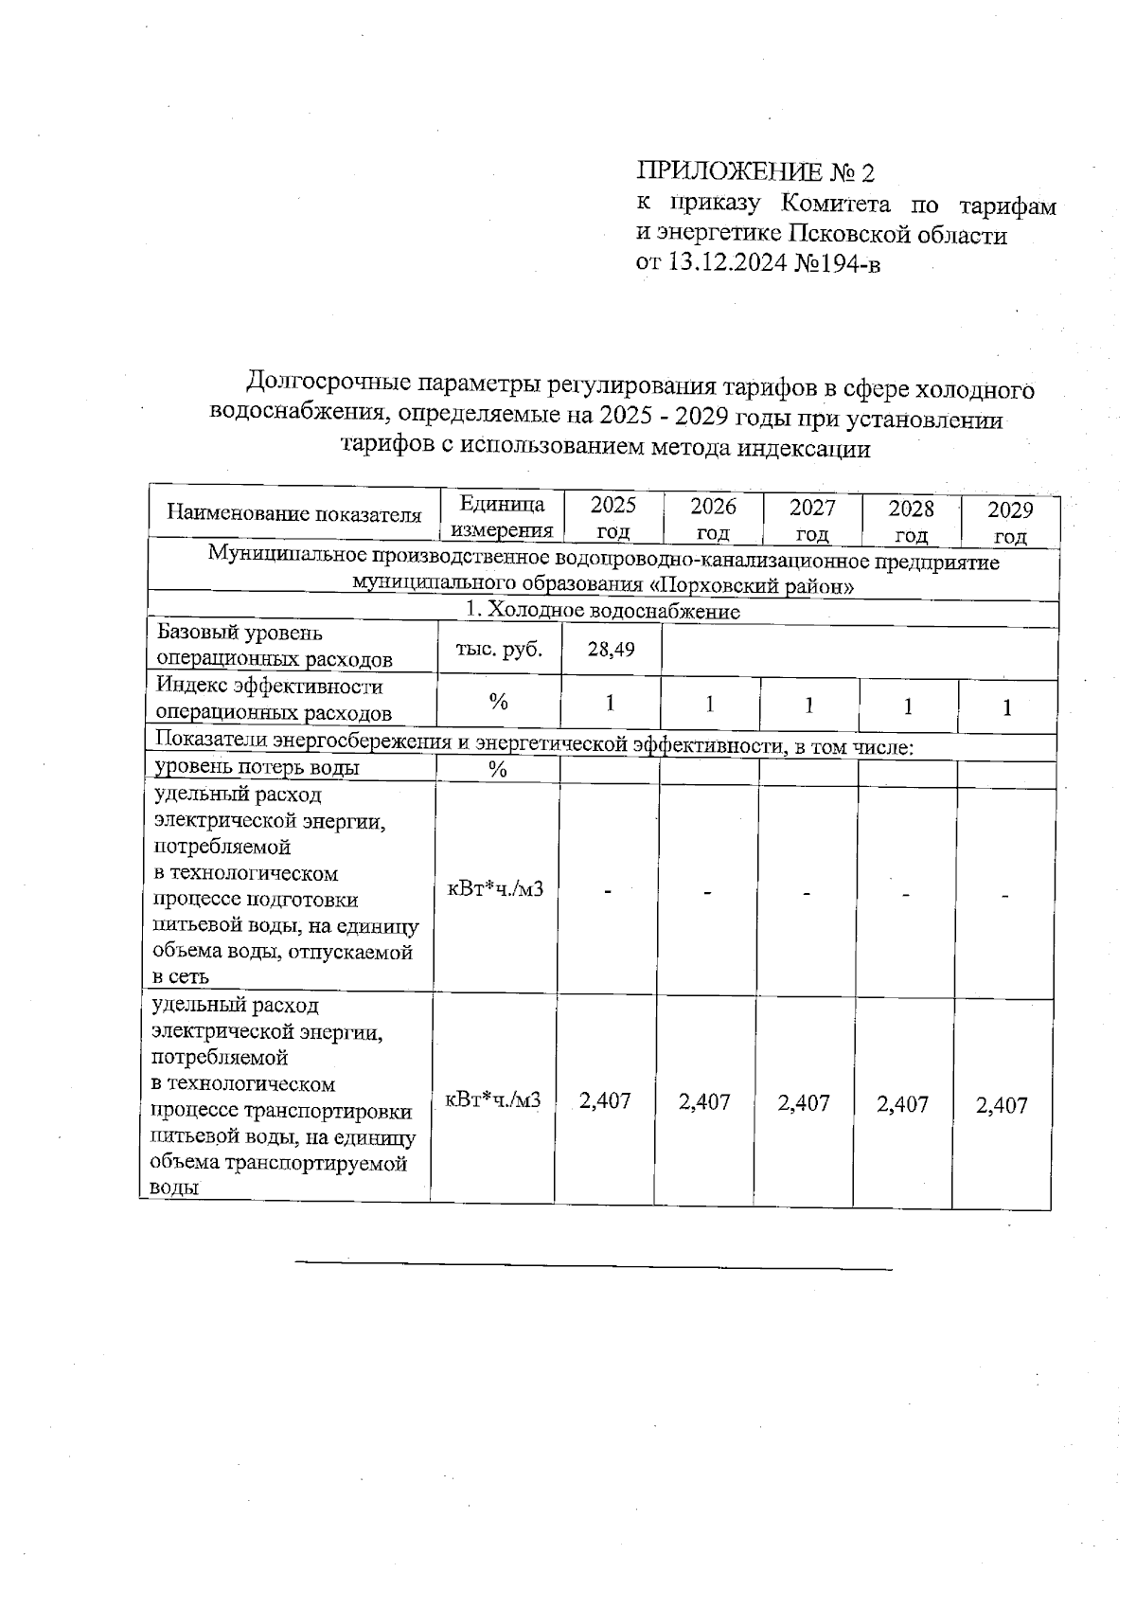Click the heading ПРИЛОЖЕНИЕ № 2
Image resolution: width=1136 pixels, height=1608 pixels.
coord(755,172)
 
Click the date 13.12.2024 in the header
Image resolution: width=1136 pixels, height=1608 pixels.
coord(727,263)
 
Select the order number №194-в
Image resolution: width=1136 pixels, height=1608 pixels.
coord(837,263)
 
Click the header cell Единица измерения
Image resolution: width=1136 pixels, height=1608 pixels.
coord(501,517)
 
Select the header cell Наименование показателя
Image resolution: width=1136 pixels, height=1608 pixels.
coord(293,514)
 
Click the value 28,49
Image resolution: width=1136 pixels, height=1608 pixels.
coord(611,650)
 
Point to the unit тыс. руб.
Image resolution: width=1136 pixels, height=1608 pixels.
coord(499,650)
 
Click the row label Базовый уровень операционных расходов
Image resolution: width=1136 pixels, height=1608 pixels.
coord(274,646)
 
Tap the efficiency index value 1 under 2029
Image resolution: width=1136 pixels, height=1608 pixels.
coord(1007,707)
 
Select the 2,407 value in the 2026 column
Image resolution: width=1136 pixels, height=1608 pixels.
coord(704,1102)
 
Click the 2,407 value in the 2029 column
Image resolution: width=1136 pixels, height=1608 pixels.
coord(1002,1105)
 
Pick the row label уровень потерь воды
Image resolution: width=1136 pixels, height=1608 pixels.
coord(257,768)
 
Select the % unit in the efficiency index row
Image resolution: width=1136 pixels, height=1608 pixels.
coord(498,702)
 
